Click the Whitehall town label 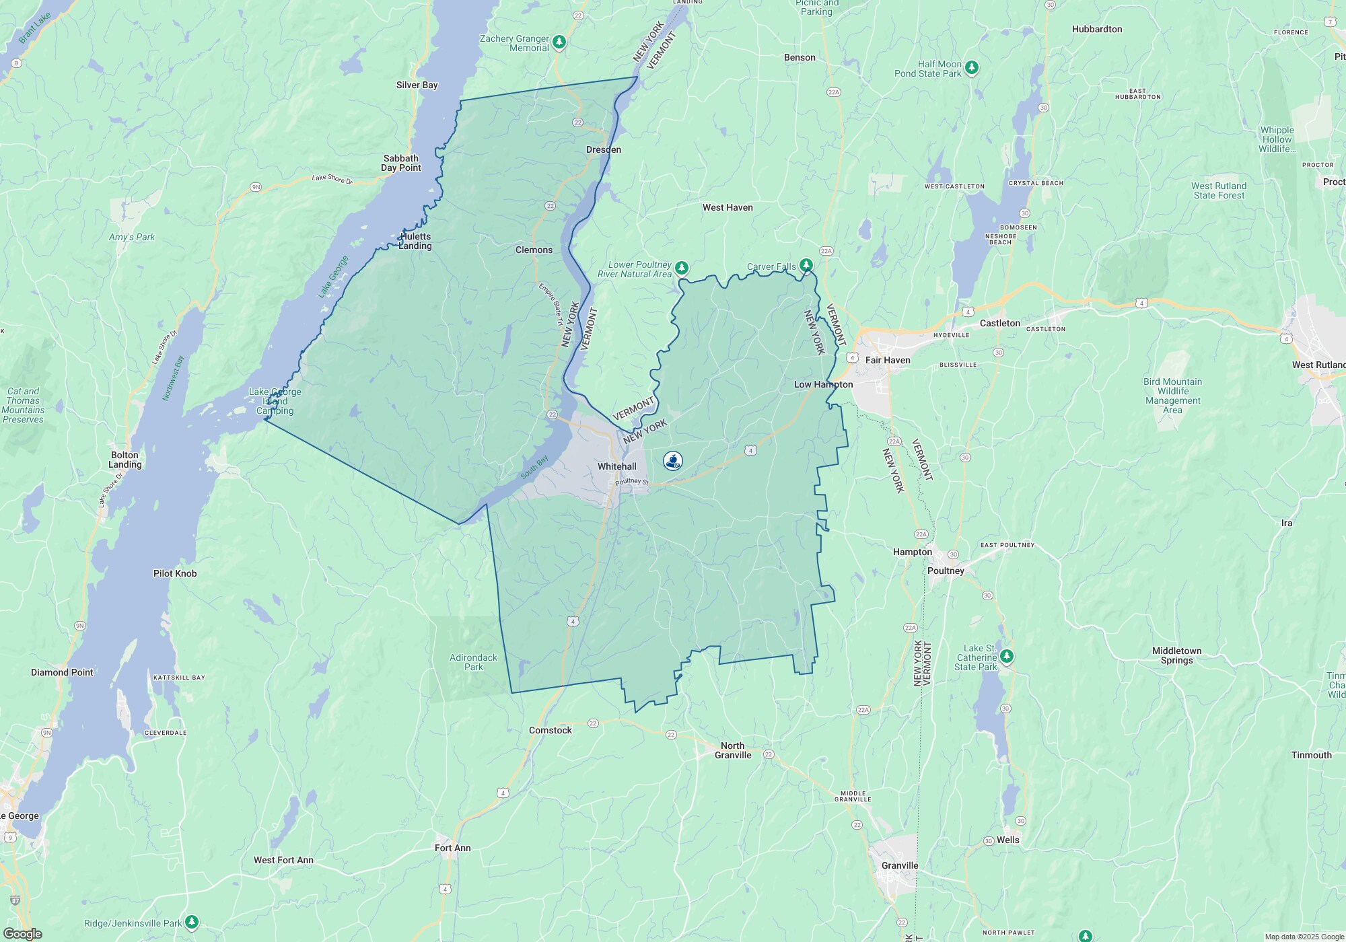[x=616, y=466]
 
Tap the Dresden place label [x=603, y=149]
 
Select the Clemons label [x=534, y=250]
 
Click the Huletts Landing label [x=415, y=241]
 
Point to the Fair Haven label [x=887, y=360]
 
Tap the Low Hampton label [x=823, y=384]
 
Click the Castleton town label [x=999, y=323]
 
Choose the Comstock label [x=550, y=730]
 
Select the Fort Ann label [x=452, y=848]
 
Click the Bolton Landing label [x=125, y=460]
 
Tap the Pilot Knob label [x=174, y=573]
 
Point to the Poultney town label [x=946, y=571]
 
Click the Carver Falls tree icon [x=806, y=264]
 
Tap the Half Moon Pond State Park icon [x=971, y=67]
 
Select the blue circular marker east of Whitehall [x=672, y=460]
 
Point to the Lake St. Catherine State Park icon [x=1006, y=655]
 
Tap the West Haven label [x=728, y=207]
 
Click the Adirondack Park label [x=473, y=662]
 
